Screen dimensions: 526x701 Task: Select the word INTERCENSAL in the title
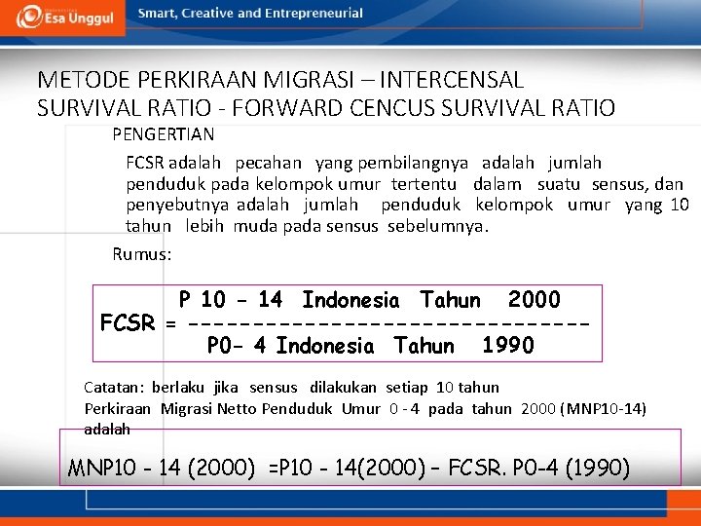[453, 80]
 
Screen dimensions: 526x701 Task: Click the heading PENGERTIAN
[163, 134]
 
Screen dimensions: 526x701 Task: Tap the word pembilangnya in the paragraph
[413, 164]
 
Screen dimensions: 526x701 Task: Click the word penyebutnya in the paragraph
[177, 205]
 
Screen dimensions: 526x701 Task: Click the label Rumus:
[142, 254]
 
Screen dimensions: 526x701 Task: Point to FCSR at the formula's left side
[128, 323]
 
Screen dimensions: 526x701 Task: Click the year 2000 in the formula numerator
[534, 300]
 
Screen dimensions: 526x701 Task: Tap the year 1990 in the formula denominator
[507, 346]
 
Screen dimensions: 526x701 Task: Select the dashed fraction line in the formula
[389, 323]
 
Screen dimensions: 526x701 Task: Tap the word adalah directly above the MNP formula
[107, 429]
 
